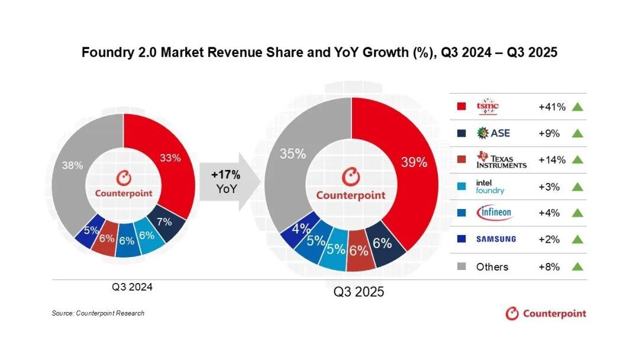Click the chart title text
point(319,53)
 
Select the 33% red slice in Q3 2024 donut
point(171,158)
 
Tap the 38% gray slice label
point(73,166)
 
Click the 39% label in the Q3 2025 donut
point(413,162)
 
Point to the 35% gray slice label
point(292,154)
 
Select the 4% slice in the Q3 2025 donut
point(289,228)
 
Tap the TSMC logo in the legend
point(488,107)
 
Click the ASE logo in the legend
point(492,133)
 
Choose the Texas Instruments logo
point(501,160)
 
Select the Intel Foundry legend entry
point(490,187)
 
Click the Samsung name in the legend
point(496,239)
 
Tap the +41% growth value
point(551,107)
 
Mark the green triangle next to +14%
point(577,160)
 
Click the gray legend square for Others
point(461,266)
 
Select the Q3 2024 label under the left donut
point(133,287)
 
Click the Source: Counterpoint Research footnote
point(98,313)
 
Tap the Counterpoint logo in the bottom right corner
point(546,313)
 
